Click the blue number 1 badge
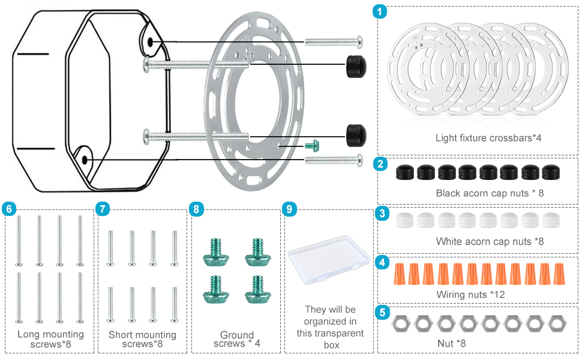point(379,12)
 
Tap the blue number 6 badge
point(9,209)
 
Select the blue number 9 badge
point(289,209)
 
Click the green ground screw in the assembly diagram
point(312,145)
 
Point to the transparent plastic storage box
point(329,259)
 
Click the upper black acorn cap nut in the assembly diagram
point(356,67)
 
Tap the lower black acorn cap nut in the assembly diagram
point(356,136)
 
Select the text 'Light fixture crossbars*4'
point(488,138)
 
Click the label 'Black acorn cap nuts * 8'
point(490,193)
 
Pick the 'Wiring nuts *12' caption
point(470,295)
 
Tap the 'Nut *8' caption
point(451,344)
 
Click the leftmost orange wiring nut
point(399,274)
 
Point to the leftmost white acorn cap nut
point(404,220)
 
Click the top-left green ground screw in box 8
point(216,252)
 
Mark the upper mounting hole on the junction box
point(151,41)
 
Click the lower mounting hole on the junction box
point(85,160)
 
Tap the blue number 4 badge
point(382,263)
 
